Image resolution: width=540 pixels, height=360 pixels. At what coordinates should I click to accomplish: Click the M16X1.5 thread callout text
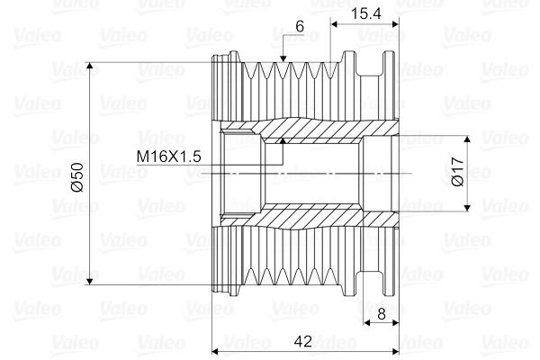point(168,157)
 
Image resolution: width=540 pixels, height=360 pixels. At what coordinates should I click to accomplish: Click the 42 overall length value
point(303,341)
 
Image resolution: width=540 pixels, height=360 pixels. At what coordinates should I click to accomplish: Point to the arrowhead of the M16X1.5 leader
point(282,139)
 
